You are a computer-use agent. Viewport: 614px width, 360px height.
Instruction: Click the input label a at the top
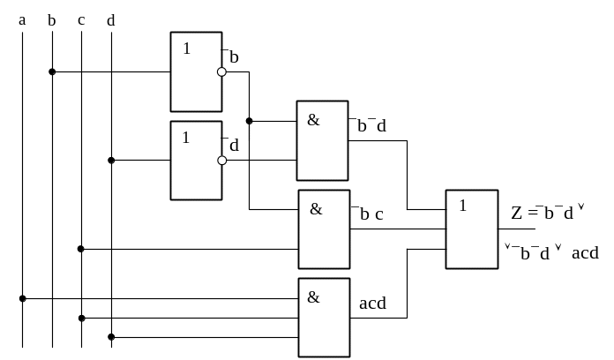point(22,20)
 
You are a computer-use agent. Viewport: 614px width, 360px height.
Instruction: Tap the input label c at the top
point(81,20)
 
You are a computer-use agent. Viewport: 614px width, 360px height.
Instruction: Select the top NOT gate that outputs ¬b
point(196,72)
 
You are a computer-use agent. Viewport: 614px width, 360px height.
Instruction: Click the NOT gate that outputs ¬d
point(196,161)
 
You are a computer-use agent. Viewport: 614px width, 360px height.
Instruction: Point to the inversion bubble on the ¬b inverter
point(222,72)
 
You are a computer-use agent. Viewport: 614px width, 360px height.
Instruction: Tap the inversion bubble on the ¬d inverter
point(222,161)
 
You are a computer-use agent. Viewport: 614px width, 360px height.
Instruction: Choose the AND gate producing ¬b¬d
point(323,140)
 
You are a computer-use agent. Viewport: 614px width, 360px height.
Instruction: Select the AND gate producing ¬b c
point(324,229)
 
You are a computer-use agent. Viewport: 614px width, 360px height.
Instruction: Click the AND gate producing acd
point(324,318)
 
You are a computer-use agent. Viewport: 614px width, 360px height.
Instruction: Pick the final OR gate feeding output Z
point(472,229)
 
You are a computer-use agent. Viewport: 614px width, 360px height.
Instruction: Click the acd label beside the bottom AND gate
point(372,304)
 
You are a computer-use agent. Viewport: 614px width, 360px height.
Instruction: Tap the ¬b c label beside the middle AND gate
point(369,214)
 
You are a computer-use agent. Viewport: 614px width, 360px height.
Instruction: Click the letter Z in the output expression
point(516,213)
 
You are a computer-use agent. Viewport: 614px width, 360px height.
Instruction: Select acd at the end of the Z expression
point(585,254)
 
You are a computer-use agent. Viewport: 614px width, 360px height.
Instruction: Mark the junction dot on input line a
point(23,298)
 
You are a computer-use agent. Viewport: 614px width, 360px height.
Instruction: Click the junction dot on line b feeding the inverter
point(52,72)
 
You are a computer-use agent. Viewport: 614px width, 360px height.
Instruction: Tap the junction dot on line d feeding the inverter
point(111,161)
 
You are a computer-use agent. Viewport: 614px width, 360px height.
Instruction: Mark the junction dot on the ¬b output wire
point(249,121)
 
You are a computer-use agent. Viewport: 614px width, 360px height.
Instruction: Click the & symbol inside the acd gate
point(313,297)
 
